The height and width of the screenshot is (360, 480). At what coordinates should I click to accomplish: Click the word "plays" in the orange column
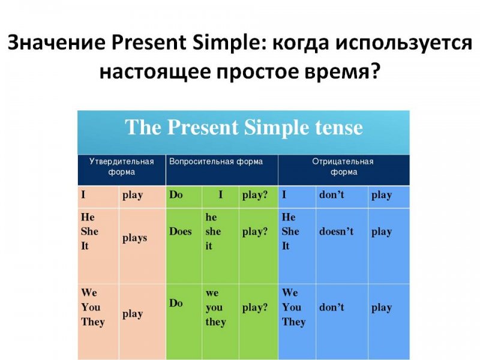(134, 238)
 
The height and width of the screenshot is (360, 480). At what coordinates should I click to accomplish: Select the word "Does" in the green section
(181, 231)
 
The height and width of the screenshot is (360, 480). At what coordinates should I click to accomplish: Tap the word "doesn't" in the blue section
(336, 231)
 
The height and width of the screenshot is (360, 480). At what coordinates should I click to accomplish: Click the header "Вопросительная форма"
(216, 161)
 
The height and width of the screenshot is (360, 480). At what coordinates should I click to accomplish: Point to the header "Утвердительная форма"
(122, 167)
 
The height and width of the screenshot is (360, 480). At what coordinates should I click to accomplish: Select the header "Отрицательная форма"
(343, 167)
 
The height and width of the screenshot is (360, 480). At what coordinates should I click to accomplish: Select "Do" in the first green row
(176, 194)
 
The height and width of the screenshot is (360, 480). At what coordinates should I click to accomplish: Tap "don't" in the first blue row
(332, 194)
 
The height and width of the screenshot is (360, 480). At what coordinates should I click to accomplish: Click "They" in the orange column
(93, 322)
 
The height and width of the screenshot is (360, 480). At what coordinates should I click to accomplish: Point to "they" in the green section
(215, 322)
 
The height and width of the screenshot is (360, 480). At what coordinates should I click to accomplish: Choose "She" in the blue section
(290, 231)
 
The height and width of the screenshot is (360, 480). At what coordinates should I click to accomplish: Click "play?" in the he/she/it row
(254, 232)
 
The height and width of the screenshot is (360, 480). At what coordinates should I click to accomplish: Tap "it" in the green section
(208, 246)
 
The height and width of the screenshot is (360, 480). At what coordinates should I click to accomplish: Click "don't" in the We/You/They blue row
(332, 307)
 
